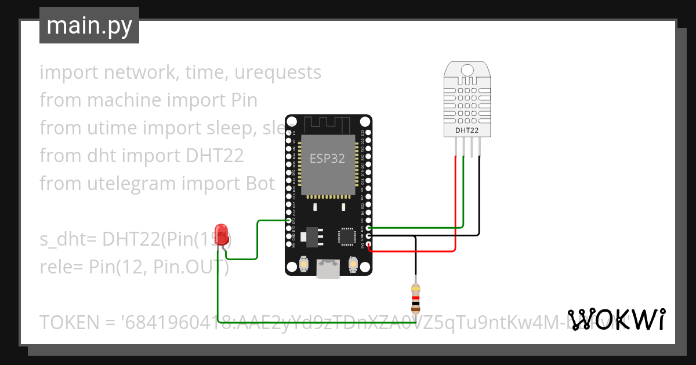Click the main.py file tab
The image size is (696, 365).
pos(89,25)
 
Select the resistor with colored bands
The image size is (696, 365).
pos(415,298)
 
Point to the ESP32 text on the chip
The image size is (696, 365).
pos(328,159)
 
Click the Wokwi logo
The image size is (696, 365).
pos(616,319)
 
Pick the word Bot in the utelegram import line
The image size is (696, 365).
pos(257,184)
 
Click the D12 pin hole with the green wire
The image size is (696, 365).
pos(289,221)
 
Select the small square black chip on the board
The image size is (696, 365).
pos(347,236)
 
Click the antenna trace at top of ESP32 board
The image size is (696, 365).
pos(328,123)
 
